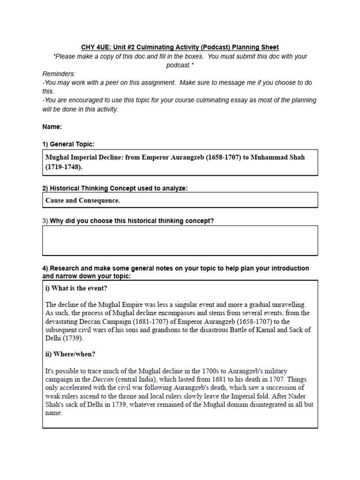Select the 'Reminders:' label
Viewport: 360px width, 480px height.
tap(59, 74)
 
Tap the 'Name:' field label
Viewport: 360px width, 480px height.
tap(52, 127)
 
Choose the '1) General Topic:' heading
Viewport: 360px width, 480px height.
tap(71, 144)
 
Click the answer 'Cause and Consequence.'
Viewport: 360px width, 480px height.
tap(82, 200)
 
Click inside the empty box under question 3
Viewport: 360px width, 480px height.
tap(180, 240)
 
